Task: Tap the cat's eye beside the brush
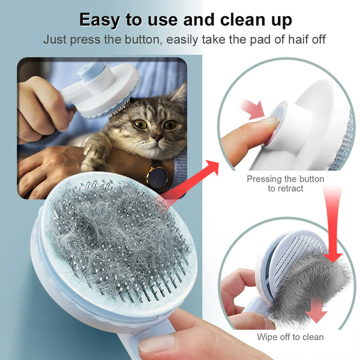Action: pos(140,124)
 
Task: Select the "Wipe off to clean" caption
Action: pos(290,337)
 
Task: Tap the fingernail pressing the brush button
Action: pos(268,121)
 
